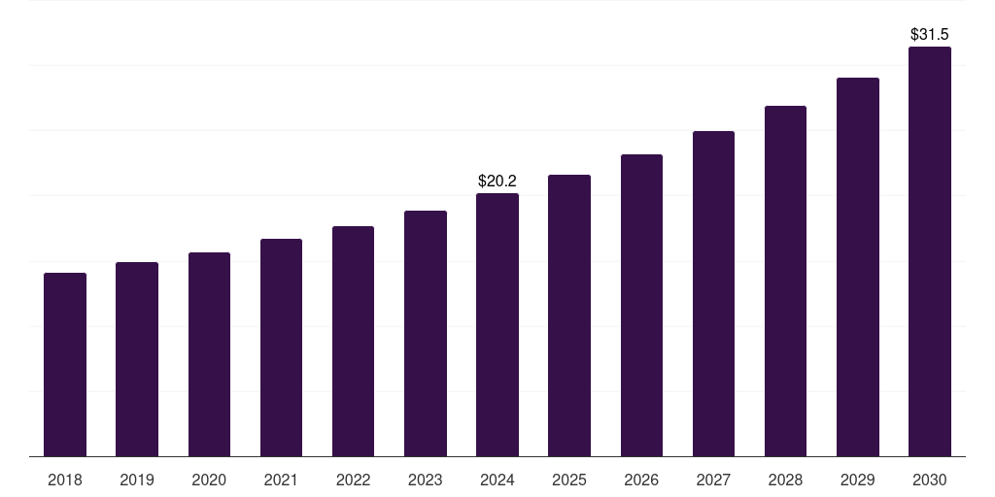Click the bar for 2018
point(65,364)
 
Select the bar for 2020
point(209,354)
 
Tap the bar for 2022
point(353,341)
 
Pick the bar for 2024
point(497,324)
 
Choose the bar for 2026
point(641,305)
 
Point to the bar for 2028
point(785,281)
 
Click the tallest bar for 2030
point(930,251)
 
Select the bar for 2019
point(137,359)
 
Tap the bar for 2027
point(713,293)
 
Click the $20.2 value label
point(497,181)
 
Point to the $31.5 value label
point(930,34)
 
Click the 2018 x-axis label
point(65,480)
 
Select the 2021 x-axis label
point(281,480)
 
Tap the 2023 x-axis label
point(425,480)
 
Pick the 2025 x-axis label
point(569,480)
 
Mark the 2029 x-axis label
point(857,480)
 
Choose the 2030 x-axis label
point(930,480)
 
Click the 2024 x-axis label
point(497,480)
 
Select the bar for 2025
point(569,315)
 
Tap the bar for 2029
point(857,267)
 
